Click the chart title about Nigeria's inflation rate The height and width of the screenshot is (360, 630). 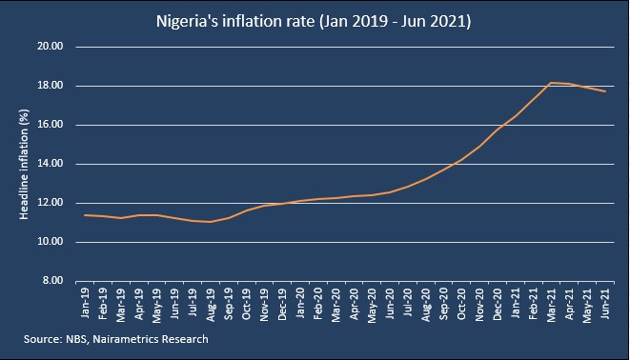point(314,21)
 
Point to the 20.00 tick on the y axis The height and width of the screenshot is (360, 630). point(51,47)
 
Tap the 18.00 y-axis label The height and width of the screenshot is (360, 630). point(51,86)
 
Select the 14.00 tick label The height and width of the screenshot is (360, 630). point(51,164)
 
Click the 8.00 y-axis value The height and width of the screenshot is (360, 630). point(52,281)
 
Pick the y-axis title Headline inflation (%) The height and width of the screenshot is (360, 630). point(24,164)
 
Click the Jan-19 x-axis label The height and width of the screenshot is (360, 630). point(85,303)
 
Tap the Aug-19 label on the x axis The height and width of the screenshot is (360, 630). point(210,305)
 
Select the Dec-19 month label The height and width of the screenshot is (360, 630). point(282,304)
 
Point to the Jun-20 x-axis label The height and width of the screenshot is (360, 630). point(390,303)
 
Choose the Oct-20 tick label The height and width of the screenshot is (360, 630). point(461,304)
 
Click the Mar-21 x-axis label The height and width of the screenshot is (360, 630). point(551,305)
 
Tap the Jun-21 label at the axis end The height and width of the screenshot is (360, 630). point(604,303)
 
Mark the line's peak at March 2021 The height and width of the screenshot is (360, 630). point(551,83)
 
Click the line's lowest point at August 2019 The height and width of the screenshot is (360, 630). point(210,222)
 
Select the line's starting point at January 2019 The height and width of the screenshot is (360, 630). point(85,215)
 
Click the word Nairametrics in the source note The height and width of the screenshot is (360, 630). point(125,339)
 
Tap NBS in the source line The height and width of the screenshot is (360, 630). point(77,339)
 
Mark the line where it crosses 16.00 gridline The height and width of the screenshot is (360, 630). point(503,125)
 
